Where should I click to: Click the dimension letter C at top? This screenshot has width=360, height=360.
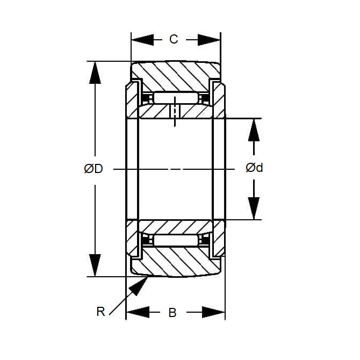pos(173,39)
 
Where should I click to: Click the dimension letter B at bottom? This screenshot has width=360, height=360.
pos(172,313)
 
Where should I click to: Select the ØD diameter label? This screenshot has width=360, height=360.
pos(93,169)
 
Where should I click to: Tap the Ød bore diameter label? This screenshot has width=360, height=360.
pos(254,168)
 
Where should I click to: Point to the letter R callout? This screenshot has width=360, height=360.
pos(100,311)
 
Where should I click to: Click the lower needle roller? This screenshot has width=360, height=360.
pos(175,240)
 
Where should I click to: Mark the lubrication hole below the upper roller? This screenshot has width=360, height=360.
pos(175,112)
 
